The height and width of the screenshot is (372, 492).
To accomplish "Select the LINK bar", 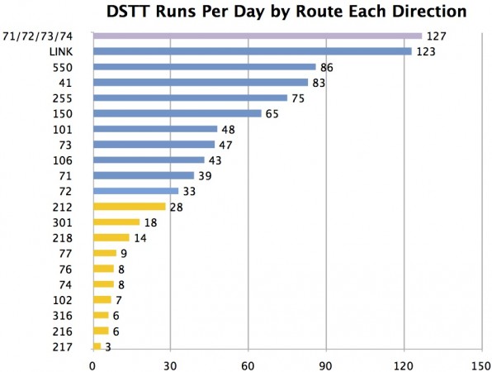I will [x=252, y=51].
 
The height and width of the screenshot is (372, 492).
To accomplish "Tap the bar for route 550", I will [x=204, y=67].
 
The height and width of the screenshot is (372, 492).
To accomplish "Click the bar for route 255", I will [x=190, y=98].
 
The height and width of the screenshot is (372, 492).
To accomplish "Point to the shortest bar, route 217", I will [x=97, y=346].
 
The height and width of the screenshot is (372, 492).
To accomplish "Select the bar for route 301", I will [x=116, y=222].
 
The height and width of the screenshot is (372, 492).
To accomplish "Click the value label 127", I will [x=435, y=36].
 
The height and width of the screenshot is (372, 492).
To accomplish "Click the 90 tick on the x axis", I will [x=325, y=363].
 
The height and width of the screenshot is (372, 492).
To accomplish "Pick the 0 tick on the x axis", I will [x=92, y=363].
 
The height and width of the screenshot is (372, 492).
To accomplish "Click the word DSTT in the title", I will [x=132, y=12].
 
